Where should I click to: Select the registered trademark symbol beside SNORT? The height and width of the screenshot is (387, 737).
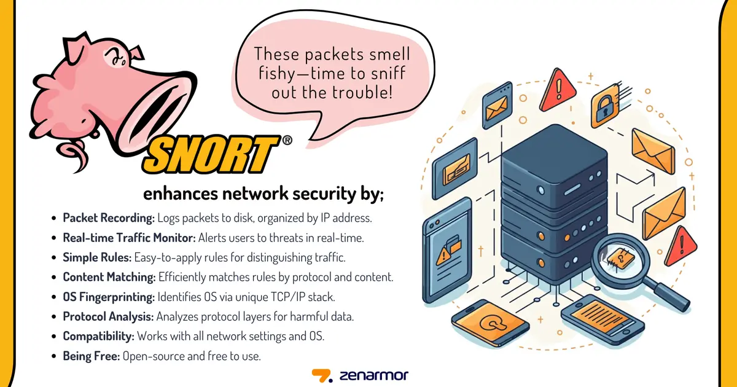pyautogui.click(x=286, y=141)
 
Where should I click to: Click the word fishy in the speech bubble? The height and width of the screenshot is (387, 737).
pyautogui.click(x=276, y=74)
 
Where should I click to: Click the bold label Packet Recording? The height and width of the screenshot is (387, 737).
pyautogui.click(x=109, y=217)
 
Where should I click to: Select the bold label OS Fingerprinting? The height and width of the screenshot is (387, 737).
pyautogui.click(x=109, y=297)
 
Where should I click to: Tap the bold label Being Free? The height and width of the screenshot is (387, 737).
pyautogui.click(x=91, y=356)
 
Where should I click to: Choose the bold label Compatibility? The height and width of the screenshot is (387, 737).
pyautogui.click(x=98, y=337)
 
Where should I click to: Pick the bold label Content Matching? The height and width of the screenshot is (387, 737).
pyautogui.click(x=108, y=277)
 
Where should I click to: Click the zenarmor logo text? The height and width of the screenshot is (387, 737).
pyautogui.click(x=373, y=375)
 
